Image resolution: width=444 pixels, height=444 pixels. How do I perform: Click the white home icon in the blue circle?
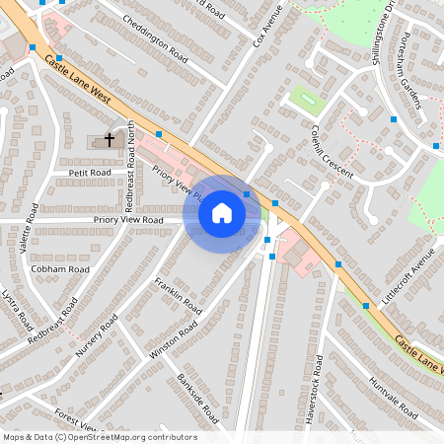(x=222, y=213)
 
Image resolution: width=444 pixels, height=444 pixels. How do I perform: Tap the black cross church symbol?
(x=111, y=140)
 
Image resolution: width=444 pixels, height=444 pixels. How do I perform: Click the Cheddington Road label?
(x=155, y=40)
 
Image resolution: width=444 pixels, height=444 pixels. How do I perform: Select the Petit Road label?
(x=91, y=172)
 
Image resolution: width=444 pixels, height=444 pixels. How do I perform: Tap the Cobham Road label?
(x=60, y=268)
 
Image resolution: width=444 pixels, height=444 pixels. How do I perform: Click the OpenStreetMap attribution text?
(x=99, y=437)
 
